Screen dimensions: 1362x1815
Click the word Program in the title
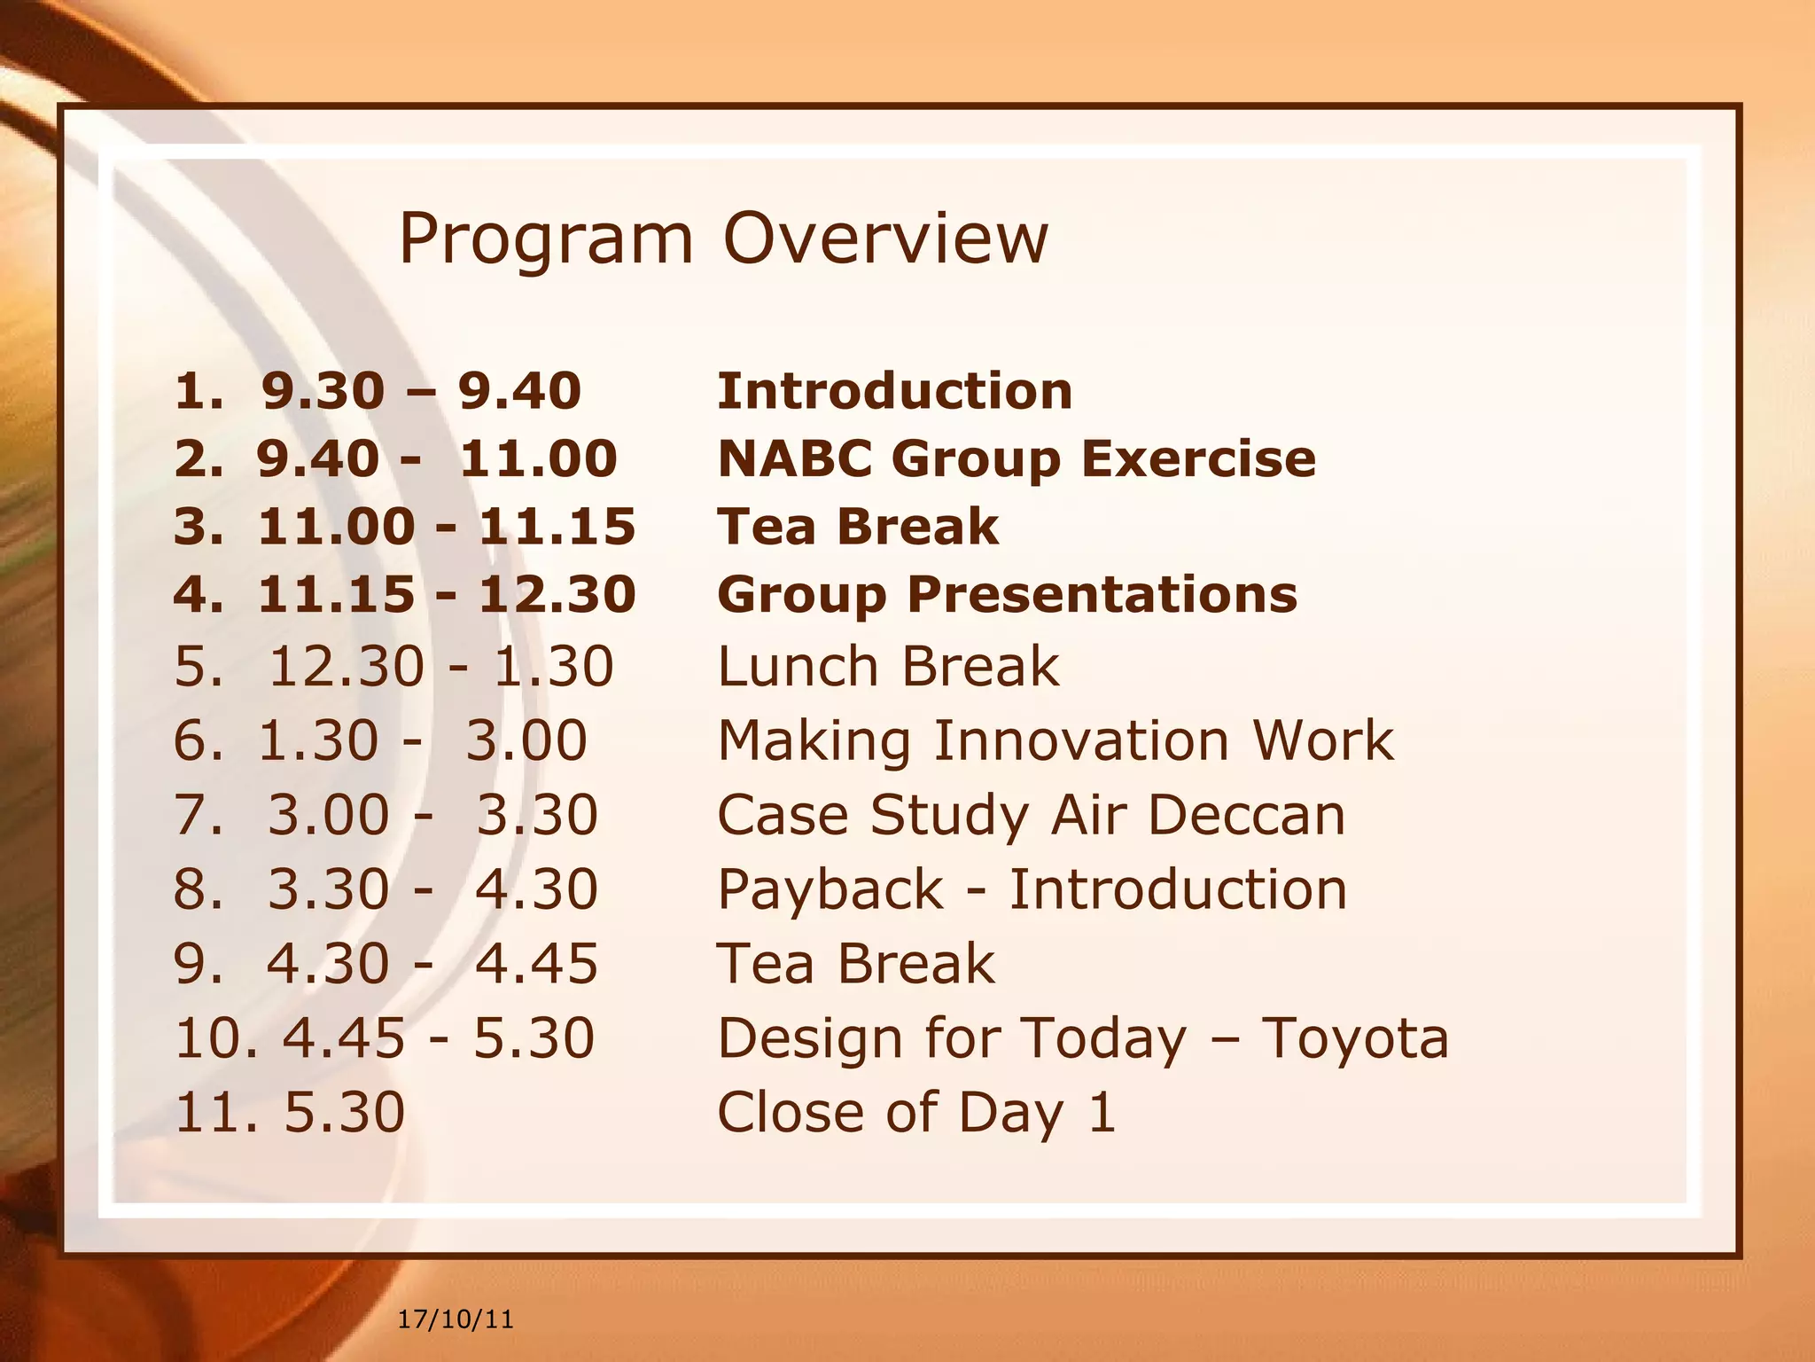[545, 239]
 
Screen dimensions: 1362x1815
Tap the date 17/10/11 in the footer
[455, 1319]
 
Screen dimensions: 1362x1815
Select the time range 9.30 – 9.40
[421, 391]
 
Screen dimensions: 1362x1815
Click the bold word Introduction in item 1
[894, 391]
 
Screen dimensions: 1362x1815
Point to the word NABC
[794, 458]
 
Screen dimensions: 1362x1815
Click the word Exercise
[1198, 458]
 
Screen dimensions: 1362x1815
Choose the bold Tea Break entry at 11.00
[857, 527]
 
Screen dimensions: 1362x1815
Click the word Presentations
[1102, 595]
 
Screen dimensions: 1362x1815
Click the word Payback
[830, 889]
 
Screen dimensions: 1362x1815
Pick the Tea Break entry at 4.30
[855, 964]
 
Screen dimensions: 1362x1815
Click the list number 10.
[213, 1038]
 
